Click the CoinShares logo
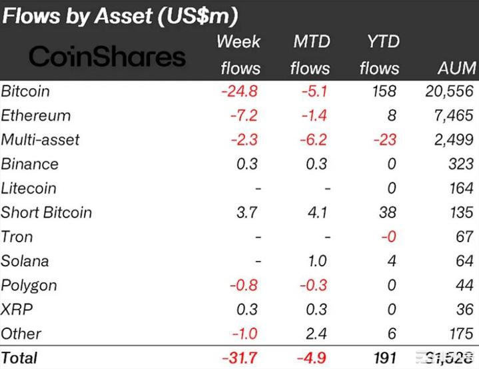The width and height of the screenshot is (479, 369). point(107,57)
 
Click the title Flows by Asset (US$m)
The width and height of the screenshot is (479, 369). point(120,15)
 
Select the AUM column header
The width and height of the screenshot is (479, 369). point(456,68)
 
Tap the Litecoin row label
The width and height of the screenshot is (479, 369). point(29,189)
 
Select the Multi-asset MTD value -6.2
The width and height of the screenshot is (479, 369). point(312,140)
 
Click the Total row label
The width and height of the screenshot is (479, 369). point(20,358)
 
